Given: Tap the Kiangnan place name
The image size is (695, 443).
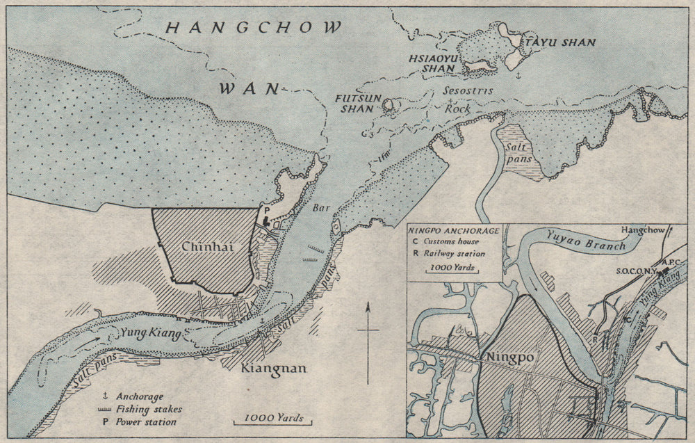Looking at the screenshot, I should pyautogui.click(x=273, y=369).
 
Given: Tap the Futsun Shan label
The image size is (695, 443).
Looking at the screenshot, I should pyautogui.click(x=361, y=104).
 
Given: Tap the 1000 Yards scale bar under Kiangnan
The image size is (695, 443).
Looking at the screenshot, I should pyautogui.click(x=272, y=418).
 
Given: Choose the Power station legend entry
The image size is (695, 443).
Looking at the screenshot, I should pyautogui.click(x=145, y=422).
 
